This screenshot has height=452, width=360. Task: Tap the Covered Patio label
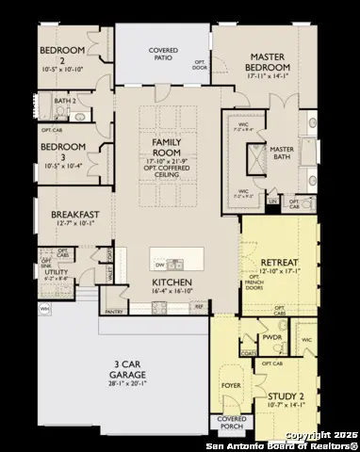click(x=164, y=55)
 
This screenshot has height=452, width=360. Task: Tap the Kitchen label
click(x=172, y=282)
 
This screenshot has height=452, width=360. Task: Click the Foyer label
click(x=231, y=384)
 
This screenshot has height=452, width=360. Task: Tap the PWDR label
click(x=273, y=336)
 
